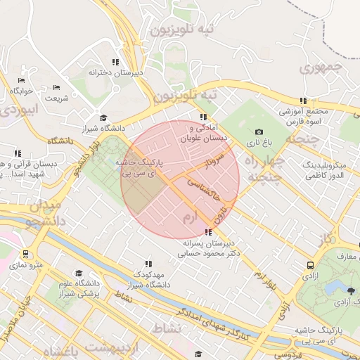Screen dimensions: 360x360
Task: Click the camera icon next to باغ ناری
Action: [259, 132]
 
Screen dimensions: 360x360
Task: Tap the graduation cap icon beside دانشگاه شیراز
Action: [103, 118]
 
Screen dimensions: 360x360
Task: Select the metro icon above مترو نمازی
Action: [25, 254]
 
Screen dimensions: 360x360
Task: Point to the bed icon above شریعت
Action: [56, 87]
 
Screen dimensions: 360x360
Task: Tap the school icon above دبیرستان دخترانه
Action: [115, 62]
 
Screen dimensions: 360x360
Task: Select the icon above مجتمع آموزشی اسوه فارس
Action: [304, 101]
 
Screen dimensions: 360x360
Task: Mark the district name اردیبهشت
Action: [112, 348]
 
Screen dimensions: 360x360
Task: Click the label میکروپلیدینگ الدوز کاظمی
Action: [331, 168]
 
